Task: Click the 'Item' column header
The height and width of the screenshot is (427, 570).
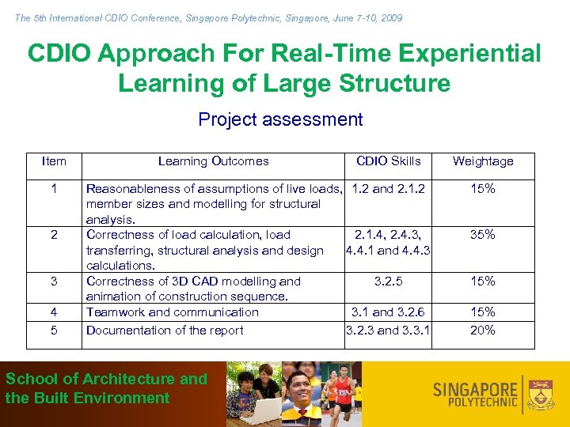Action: pos(54,161)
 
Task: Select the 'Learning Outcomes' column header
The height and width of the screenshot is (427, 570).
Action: pos(213,161)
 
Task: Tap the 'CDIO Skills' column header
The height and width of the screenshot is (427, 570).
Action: pos(388,161)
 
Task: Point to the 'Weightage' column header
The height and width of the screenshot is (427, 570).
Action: pos(483,161)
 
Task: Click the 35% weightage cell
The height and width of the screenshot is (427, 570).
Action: pos(483,235)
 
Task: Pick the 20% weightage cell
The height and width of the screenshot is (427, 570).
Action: pos(483,331)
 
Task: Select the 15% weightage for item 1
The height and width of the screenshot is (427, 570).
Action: pos(483,189)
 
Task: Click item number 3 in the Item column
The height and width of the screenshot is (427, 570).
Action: pos(54,282)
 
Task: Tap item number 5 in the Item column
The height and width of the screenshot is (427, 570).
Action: pos(54,331)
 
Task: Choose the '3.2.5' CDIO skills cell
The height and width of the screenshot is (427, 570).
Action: pos(388,282)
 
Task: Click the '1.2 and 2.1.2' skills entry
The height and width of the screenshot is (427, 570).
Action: pos(388,189)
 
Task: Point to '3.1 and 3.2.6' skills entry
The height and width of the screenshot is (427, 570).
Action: pos(388,312)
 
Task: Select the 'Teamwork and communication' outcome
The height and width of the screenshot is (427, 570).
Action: pos(172,312)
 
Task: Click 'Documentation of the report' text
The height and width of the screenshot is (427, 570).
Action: pos(165,331)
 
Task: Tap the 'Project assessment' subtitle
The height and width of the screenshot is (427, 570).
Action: pos(280,119)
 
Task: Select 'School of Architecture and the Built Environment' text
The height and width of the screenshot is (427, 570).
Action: pos(106,388)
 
